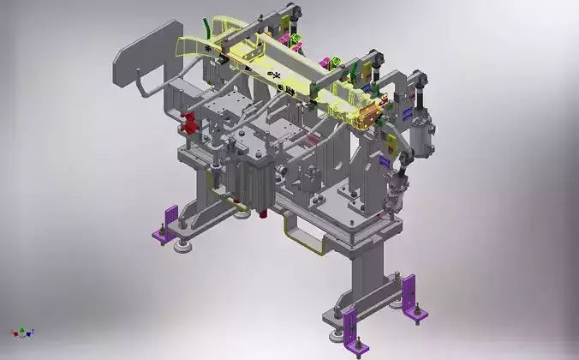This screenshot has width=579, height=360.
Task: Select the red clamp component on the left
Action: [188, 124]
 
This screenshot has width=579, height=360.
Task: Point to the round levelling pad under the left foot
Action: [183, 248]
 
